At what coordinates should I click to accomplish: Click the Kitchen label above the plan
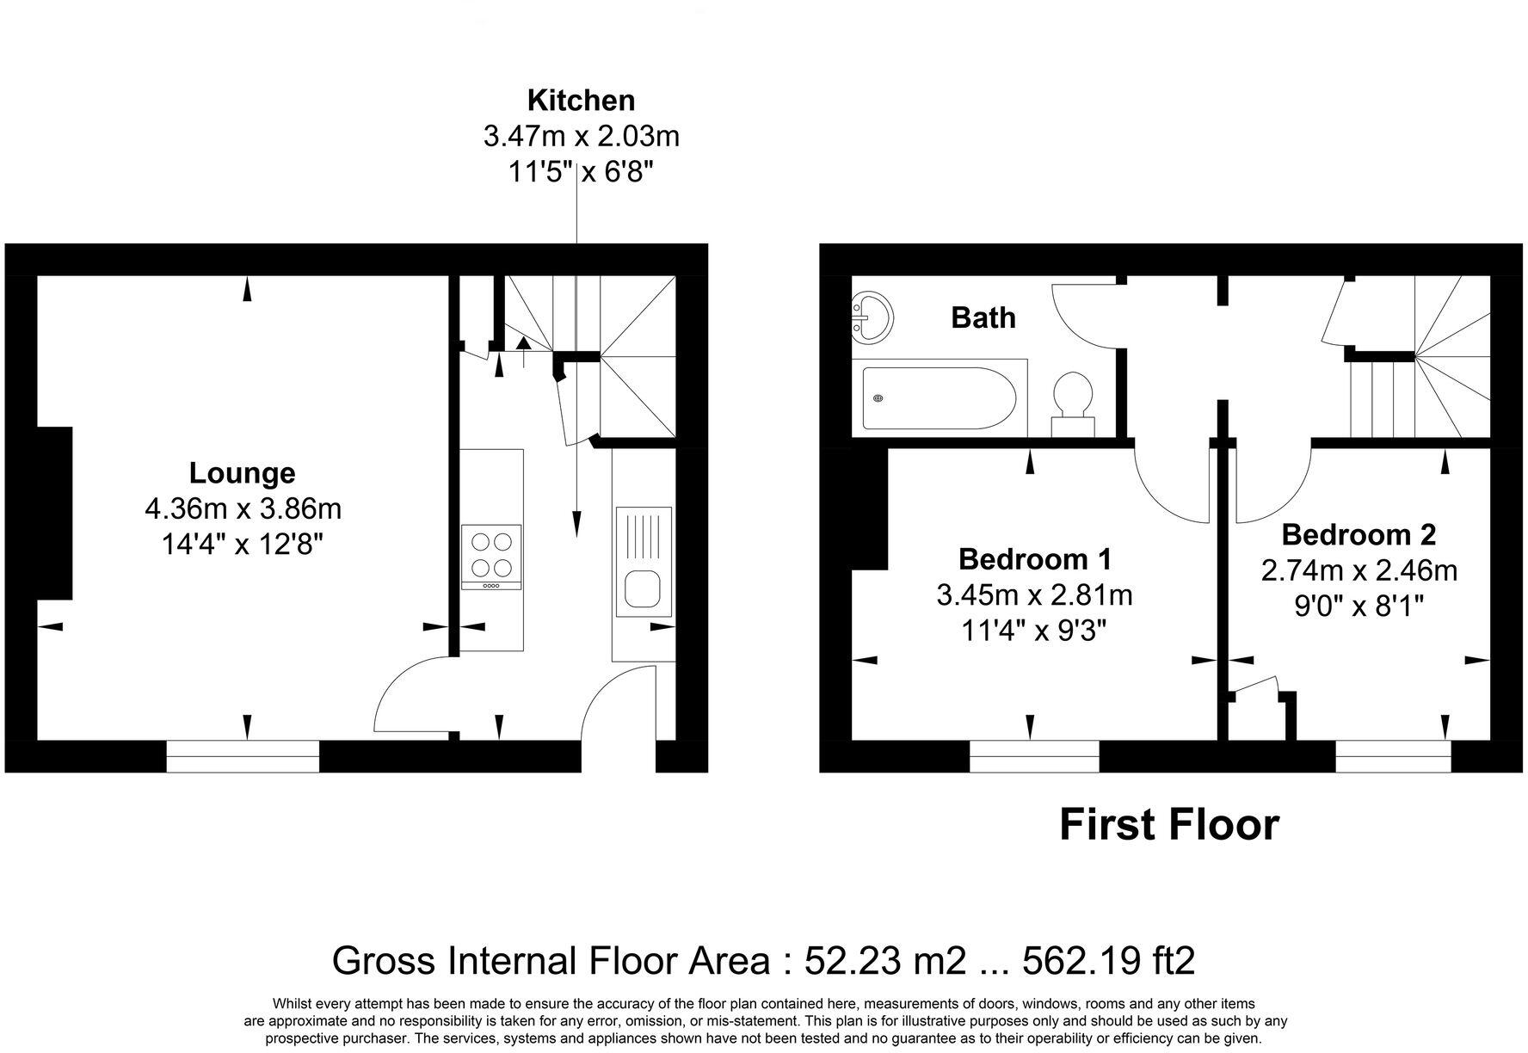tap(581, 101)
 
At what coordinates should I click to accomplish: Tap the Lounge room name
tap(242, 473)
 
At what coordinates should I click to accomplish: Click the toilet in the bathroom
tap(1073, 403)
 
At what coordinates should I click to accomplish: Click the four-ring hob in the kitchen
tap(491, 555)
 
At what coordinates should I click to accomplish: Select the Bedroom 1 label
tap(1035, 559)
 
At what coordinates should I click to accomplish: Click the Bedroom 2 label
tap(1359, 534)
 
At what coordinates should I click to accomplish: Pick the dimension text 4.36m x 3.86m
tap(243, 509)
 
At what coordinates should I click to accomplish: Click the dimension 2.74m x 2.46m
tap(1359, 570)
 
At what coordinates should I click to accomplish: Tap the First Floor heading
tap(1168, 824)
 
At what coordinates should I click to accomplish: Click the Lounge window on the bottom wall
tap(243, 756)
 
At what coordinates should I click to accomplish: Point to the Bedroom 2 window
tap(1393, 756)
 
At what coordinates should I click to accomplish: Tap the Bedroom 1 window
tap(1034, 756)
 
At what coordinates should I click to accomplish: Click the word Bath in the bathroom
tap(983, 317)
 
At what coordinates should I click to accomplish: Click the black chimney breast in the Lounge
tap(54, 513)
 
